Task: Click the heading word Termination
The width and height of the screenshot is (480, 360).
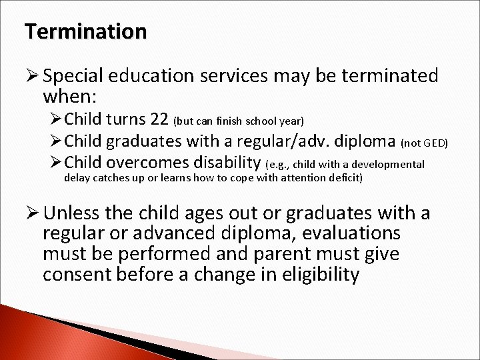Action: click(85, 31)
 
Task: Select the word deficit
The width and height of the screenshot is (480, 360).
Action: click(345, 178)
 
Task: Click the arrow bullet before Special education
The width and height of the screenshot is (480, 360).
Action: click(30, 77)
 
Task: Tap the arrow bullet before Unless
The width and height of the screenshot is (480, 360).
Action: click(30, 214)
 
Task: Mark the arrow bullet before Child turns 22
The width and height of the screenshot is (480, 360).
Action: click(56, 121)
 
